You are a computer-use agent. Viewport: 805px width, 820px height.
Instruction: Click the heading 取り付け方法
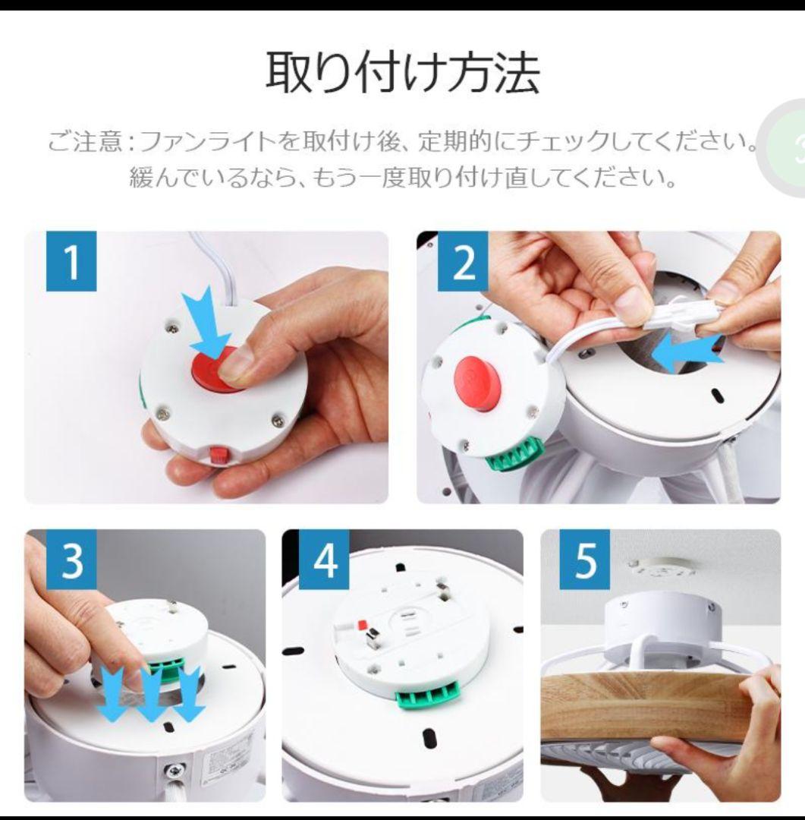(x=403, y=73)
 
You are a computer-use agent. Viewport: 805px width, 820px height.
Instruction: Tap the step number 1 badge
(x=71, y=261)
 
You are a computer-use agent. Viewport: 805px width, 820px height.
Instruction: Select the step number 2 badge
(x=463, y=261)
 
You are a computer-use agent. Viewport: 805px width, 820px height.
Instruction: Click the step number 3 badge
(x=71, y=560)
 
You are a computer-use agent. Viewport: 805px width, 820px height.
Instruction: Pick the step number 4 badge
(x=324, y=560)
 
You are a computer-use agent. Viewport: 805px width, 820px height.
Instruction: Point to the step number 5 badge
(x=584, y=560)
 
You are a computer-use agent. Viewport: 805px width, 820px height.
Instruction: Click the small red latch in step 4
(x=361, y=624)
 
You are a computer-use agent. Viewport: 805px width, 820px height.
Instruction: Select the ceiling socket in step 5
(x=662, y=568)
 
